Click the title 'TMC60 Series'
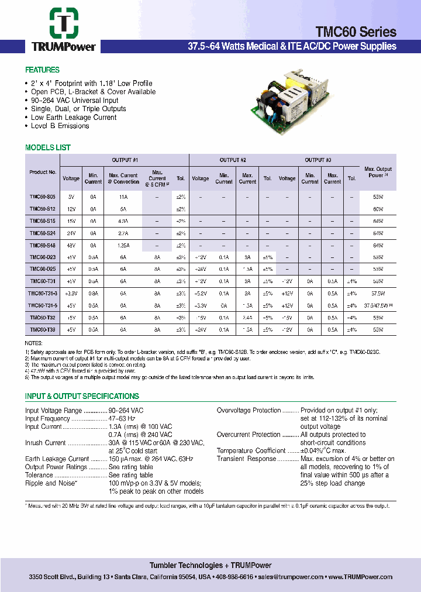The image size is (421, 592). click(x=356, y=32)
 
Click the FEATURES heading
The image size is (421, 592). click(x=42, y=70)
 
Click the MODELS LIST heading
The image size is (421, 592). click(x=48, y=148)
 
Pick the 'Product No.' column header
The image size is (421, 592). click(x=43, y=173)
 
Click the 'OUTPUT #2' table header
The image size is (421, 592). click(x=233, y=160)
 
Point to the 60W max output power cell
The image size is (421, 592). click(x=378, y=209)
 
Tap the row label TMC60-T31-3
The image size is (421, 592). click(x=43, y=294)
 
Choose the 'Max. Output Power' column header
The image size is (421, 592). click(x=378, y=172)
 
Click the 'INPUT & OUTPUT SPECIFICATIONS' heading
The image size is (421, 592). click(x=82, y=397)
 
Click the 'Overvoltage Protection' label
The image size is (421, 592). click(x=249, y=411)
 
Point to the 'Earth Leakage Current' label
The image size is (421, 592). click(x=57, y=459)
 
